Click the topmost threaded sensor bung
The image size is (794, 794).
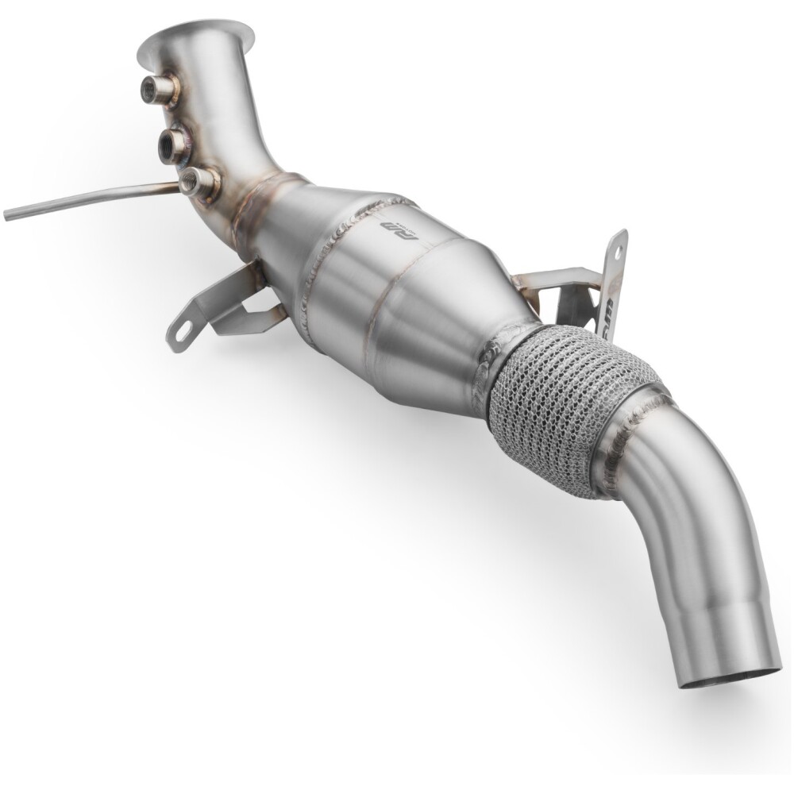150,86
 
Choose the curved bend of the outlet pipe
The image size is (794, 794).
699,508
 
